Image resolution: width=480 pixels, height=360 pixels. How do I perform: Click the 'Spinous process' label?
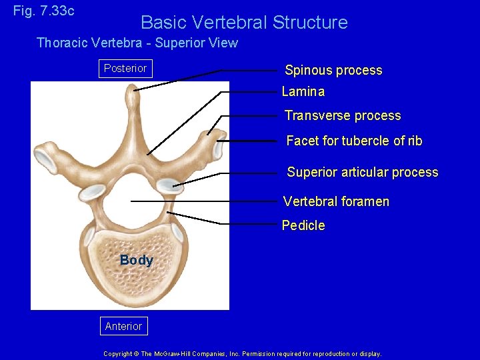coord(333,71)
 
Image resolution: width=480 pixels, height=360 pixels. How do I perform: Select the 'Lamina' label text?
coord(303,92)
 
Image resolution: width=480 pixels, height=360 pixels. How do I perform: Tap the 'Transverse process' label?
coord(343,116)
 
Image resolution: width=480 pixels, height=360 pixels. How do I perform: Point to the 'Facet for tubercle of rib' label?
coord(354,141)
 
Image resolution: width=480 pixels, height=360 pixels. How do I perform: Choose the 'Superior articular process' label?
coord(363,173)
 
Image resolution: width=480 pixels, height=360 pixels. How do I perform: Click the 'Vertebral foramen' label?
coord(336,202)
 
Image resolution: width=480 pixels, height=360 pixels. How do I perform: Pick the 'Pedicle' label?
coord(303,226)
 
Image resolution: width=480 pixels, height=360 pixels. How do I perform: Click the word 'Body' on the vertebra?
coord(137,261)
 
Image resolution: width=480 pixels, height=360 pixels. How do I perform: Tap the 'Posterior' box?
coord(125,69)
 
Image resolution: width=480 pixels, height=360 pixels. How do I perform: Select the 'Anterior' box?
coord(123,326)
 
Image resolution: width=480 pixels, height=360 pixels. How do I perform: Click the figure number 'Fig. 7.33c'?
coord(44,11)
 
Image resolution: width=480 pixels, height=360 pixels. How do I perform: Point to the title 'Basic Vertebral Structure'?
coord(244,23)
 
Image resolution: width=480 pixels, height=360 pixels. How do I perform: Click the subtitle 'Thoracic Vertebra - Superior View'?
coord(137,43)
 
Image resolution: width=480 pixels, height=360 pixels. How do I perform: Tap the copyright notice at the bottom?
coord(243,354)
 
